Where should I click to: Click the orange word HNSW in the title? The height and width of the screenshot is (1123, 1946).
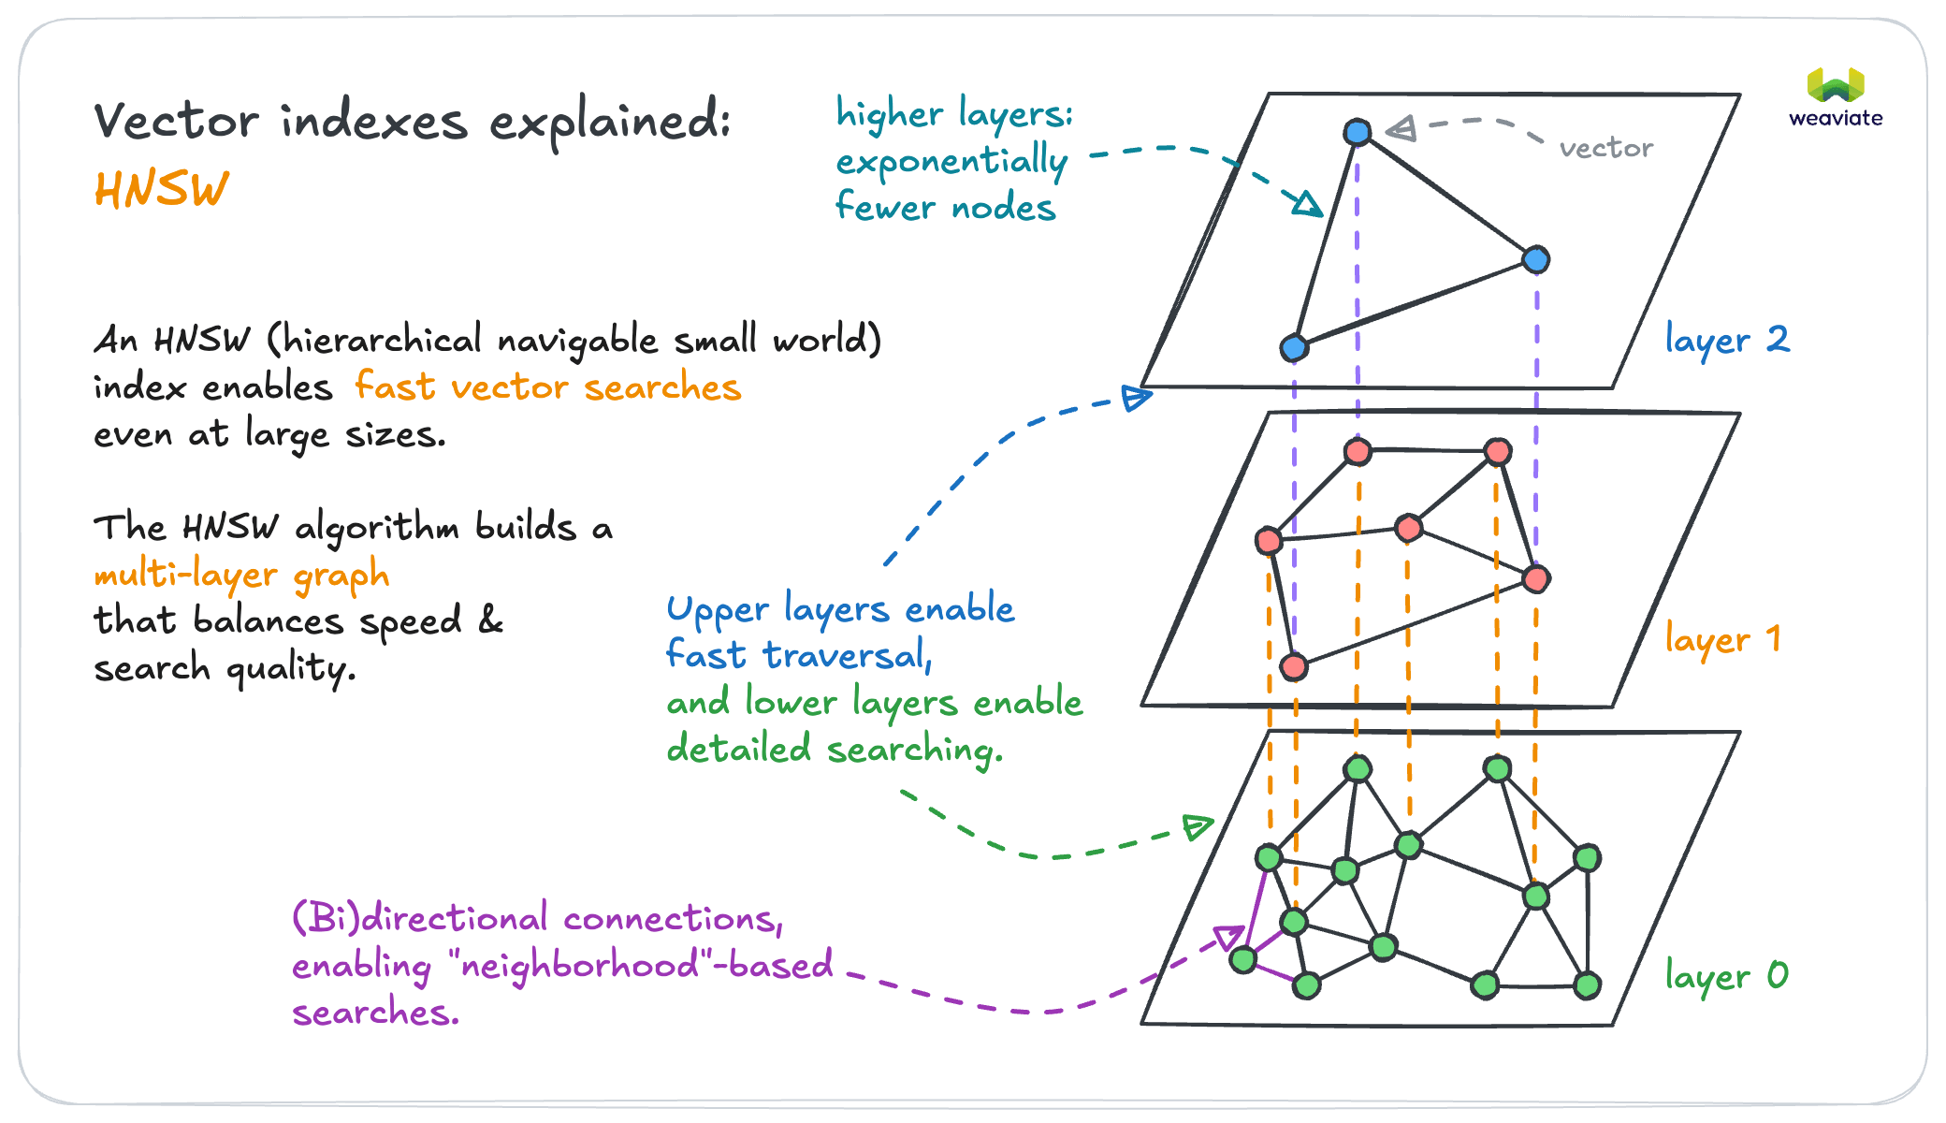pos(161,190)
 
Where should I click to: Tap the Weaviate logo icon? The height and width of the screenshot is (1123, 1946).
pos(1836,85)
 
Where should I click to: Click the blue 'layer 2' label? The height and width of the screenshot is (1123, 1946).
pos(1727,340)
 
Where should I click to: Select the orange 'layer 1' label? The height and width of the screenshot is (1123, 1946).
pos(1722,640)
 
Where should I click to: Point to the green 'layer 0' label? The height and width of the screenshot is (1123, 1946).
pos(1726,977)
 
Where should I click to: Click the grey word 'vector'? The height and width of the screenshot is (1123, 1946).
pos(1605,148)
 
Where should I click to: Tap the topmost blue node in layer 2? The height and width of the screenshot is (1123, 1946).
pos(1357,132)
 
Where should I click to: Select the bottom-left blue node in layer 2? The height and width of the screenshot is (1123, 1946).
pos(1293,348)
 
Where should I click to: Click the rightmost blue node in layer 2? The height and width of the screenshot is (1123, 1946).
pos(1535,259)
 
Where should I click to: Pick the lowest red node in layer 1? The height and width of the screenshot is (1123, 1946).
pos(1293,666)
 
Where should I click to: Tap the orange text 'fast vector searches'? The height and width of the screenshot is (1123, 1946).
pos(547,387)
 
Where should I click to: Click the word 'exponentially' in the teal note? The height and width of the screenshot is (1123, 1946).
pos(951,162)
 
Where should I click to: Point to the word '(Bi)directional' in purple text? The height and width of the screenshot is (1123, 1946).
pos(420,918)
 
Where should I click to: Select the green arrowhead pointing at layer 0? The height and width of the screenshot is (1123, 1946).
pos(1197,826)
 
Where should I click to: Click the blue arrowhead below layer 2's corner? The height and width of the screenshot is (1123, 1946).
pos(1136,398)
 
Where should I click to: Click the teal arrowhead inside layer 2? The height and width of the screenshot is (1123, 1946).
pos(1307,203)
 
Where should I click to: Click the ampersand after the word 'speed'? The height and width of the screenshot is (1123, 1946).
pos(490,620)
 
